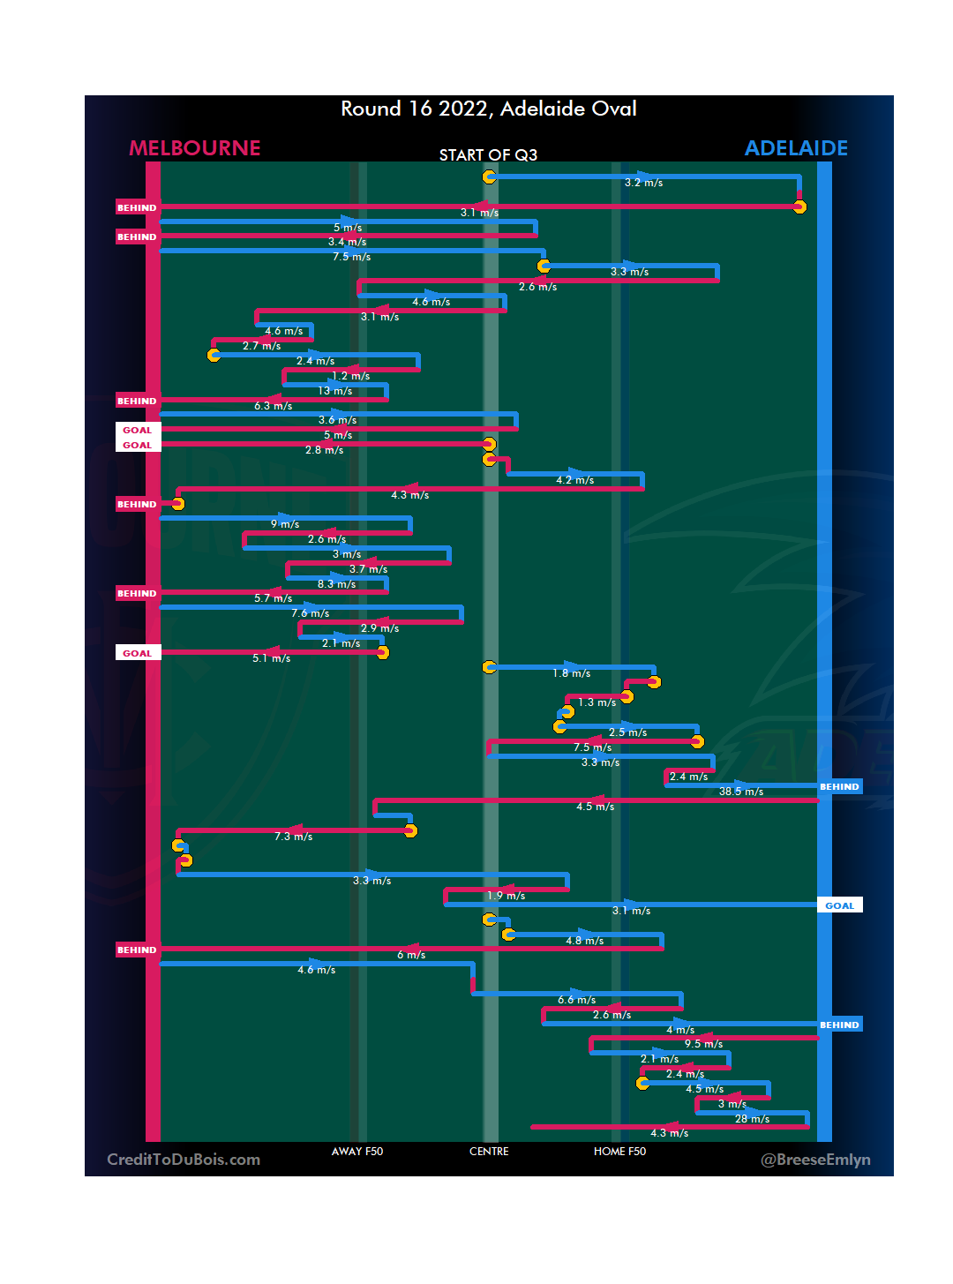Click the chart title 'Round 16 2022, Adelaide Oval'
point(488,109)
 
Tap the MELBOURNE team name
point(195,148)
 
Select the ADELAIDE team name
point(796,148)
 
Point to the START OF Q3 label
point(488,155)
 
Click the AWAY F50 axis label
point(357,1152)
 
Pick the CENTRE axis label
point(489,1152)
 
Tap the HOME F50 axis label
point(619,1152)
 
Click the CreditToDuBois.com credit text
point(184,1160)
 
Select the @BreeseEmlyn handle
point(815,1160)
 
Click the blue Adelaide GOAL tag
point(839,905)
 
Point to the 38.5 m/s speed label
point(740,792)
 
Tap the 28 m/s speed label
point(752,1119)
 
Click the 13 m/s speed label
point(334,391)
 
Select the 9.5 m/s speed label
point(703,1044)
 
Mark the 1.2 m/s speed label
point(350,376)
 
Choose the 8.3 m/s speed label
point(336,584)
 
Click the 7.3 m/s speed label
point(293,837)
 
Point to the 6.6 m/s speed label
point(576,1000)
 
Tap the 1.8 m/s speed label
point(571,673)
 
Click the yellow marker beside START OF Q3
point(489,177)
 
